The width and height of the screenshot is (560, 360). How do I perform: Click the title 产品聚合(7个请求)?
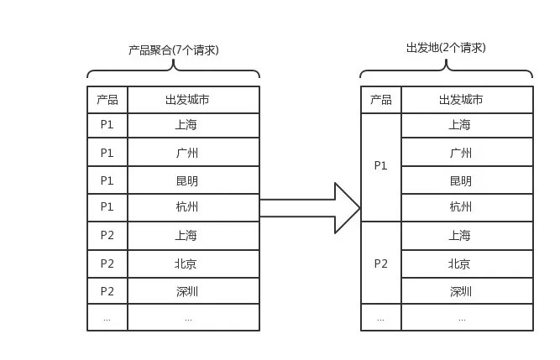[x=174, y=50]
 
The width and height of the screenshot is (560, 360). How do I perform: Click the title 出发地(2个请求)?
[x=446, y=48]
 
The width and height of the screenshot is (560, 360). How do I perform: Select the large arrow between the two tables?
[x=310, y=208]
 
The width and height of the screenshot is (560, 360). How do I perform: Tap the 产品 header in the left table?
[x=107, y=100]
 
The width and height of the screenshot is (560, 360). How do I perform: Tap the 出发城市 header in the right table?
[x=467, y=100]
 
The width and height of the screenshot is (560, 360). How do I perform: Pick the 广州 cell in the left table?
[x=193, y=153]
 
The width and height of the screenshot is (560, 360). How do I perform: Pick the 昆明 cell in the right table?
[x=467, y=180]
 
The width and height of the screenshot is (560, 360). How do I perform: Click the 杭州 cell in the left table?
[x=193, y=207]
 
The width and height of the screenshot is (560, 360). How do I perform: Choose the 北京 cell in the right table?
[x=467, y=264]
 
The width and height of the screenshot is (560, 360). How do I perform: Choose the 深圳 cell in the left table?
[x=193, y=291]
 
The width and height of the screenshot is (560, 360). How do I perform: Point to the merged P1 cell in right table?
[x=381, y=167]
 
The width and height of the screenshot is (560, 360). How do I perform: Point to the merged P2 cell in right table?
[x=381, y=263]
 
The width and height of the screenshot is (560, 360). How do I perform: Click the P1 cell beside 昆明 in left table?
[x=107, y=180]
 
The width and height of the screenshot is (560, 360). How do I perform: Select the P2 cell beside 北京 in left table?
[x=107, y=264]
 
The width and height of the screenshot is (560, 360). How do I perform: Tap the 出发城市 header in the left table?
[x=193, y=100]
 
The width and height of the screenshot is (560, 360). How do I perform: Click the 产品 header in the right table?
[x=381, y=100]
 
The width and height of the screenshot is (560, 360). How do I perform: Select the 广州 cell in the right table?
[x=467, y=153]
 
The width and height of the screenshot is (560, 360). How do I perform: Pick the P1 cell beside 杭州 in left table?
[x=107, y=207]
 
